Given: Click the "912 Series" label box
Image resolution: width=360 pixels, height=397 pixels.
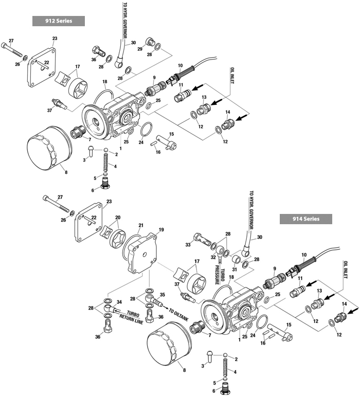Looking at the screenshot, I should click(58, 21).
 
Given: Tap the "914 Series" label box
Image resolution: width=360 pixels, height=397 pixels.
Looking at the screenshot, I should click(305, 219).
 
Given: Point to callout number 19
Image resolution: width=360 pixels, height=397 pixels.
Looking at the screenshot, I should click(161, 230).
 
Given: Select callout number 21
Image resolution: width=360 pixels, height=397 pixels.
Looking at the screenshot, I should click(141, 225).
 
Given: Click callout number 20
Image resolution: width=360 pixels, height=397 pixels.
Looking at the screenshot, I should click(118, 218).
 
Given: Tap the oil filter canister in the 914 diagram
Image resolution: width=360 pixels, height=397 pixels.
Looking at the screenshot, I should click(169, 351).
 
